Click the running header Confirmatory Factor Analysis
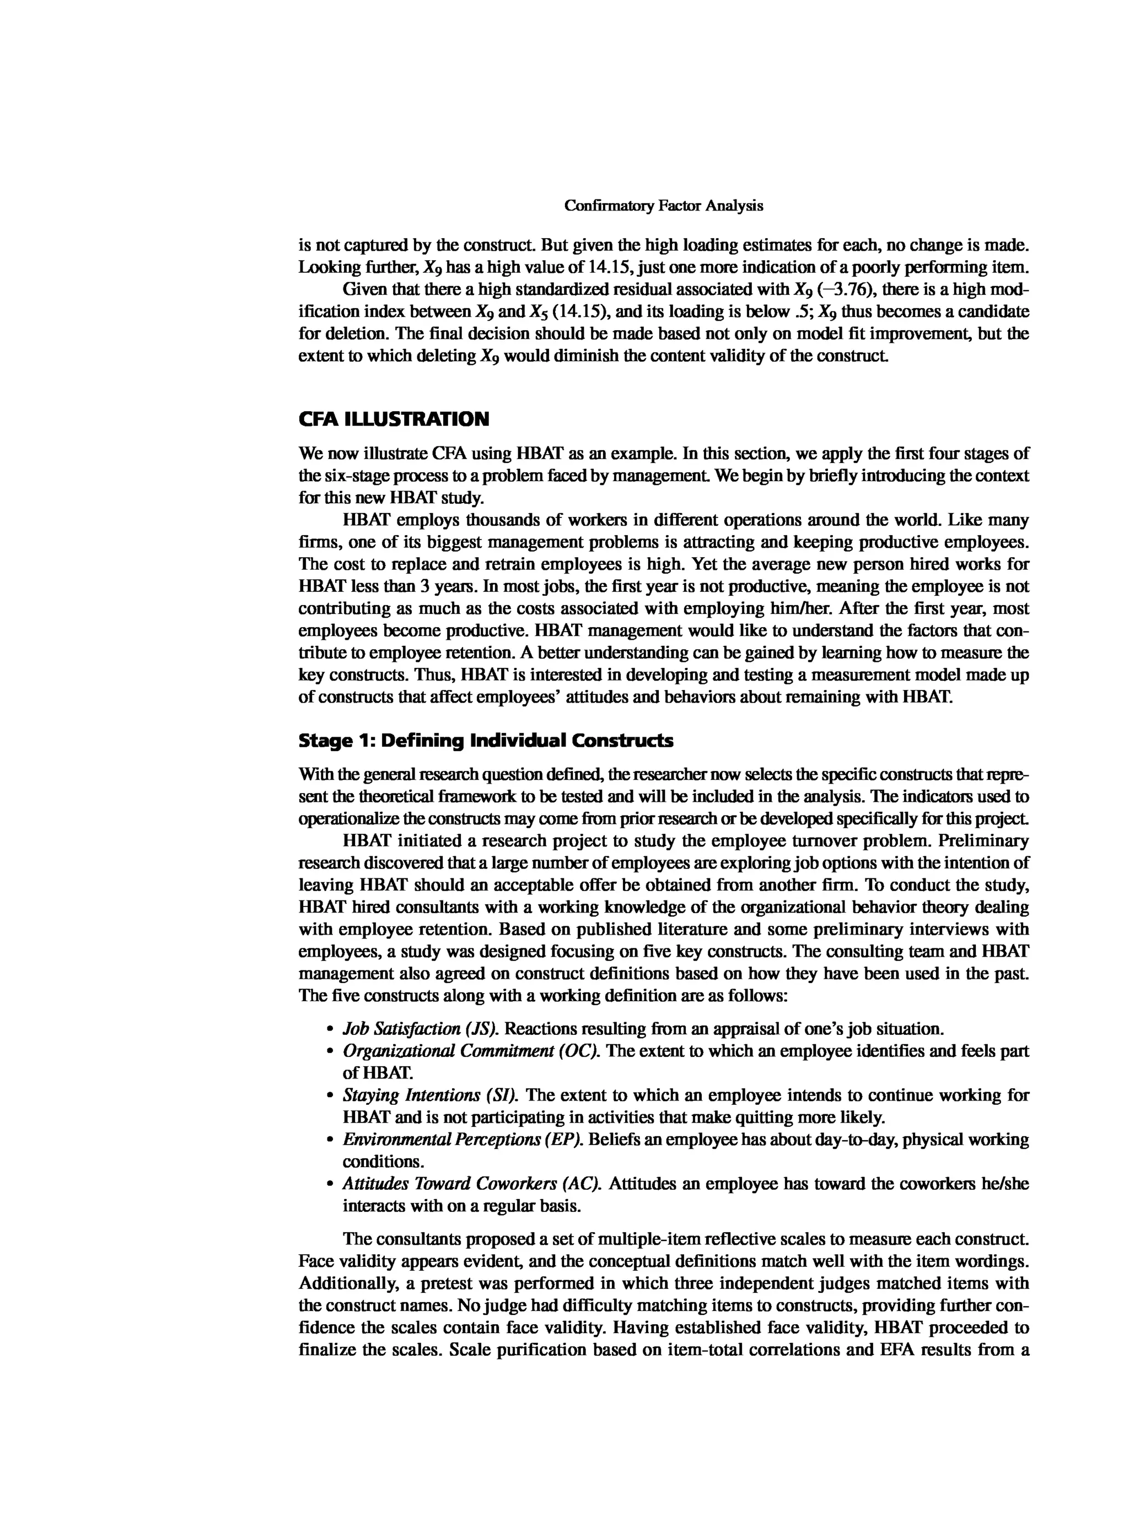click(663, 206)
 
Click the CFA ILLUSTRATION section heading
click(394, 419)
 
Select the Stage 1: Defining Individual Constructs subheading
click(486, 741)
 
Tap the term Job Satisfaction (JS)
click(420, 1029)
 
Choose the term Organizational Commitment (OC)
click(471, 1051)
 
